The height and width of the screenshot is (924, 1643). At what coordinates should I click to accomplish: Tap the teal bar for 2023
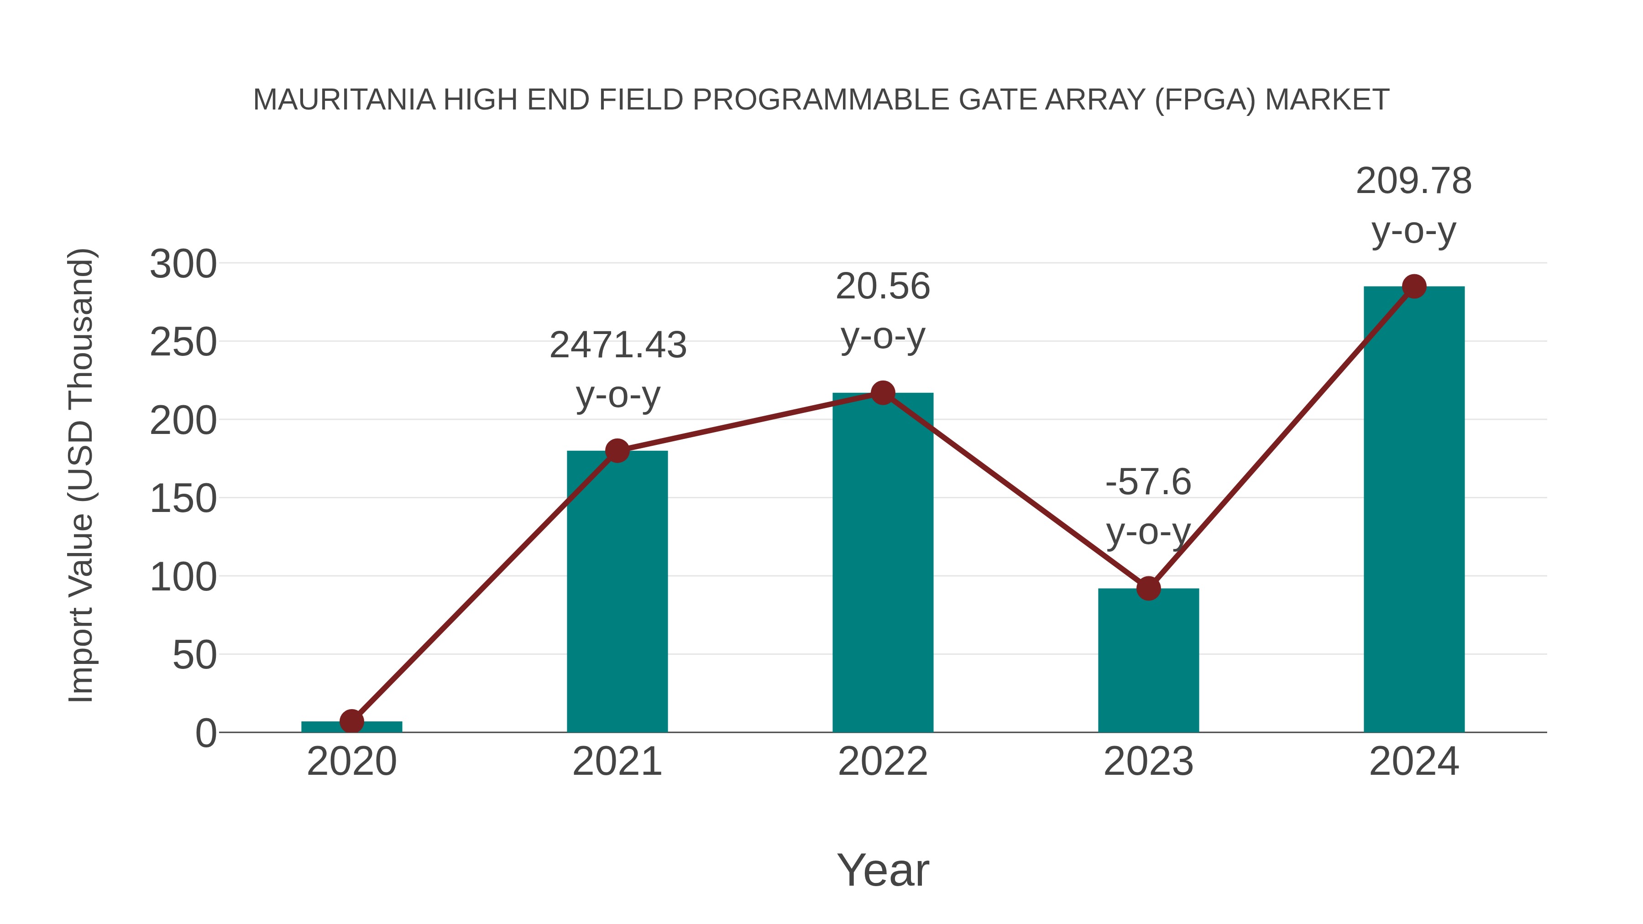[1148, 663]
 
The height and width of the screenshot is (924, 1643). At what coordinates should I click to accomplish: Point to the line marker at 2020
[351, 721]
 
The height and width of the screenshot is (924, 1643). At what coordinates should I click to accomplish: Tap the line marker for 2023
[1148, 589]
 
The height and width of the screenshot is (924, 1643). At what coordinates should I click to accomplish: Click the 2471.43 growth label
[617, 345]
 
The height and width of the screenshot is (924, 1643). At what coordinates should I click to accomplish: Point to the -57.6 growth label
[1148, 482]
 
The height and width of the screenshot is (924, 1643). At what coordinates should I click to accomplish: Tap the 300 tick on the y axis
[183, 264]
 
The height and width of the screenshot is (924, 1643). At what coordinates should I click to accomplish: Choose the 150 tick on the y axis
[183, 499]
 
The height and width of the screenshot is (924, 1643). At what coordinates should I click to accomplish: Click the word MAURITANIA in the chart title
[345, 100]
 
